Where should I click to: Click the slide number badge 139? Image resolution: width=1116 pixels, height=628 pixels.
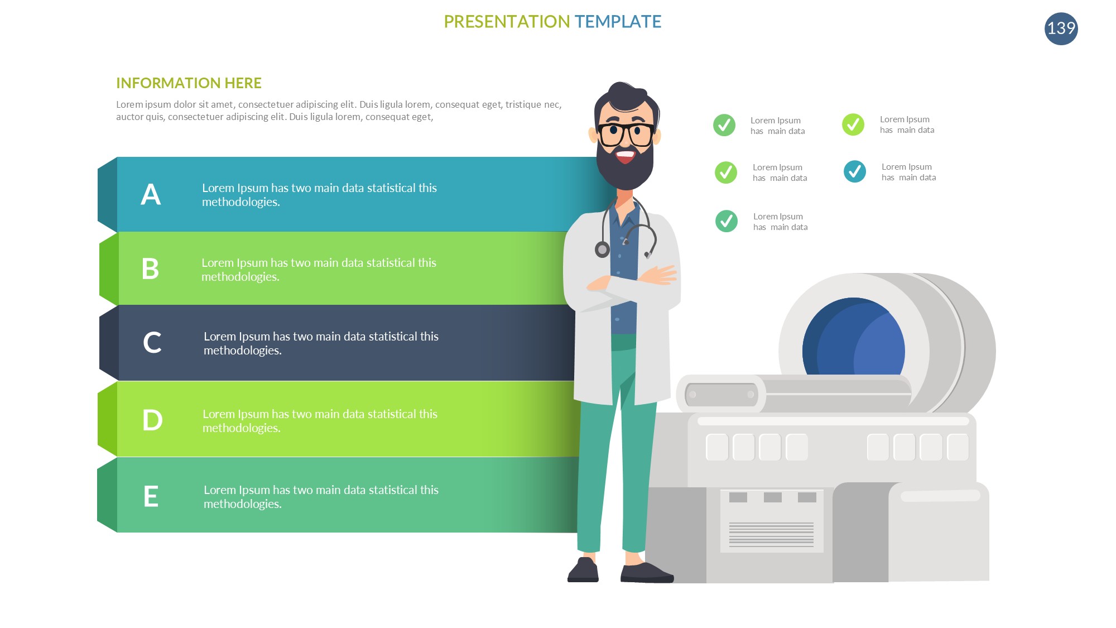(1061, 28)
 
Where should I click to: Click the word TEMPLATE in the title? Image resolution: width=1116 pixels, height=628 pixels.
(618, 22)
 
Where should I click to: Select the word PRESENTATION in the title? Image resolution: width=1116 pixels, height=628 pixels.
(507, 22)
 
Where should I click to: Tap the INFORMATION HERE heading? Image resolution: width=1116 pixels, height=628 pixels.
(189, 83)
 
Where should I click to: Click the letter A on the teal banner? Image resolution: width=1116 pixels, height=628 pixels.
(151, 195)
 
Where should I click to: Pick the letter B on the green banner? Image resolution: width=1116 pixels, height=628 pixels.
(150, 269)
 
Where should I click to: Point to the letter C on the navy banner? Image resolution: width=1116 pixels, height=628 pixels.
(152, 343)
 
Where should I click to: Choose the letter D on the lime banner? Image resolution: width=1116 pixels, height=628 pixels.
(152, 420)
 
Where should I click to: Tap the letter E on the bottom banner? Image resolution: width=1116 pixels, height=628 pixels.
(151, 496)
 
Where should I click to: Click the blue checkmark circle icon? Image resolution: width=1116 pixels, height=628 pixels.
(854, 171)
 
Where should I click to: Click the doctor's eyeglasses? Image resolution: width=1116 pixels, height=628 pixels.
(626, 134)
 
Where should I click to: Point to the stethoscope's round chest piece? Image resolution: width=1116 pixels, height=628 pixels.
(602, 250)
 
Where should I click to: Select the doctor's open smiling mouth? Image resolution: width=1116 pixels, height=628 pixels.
(626, 156)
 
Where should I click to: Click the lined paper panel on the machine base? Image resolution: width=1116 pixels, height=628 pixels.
(772, 521)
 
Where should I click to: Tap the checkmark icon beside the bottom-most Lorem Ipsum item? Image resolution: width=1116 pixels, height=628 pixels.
(726, 221)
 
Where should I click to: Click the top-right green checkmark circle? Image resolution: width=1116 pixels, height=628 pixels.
(853, 124)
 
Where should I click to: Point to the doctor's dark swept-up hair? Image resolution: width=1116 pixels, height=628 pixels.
(626, 98)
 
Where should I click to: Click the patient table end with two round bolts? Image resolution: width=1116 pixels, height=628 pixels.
(721, 395)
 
